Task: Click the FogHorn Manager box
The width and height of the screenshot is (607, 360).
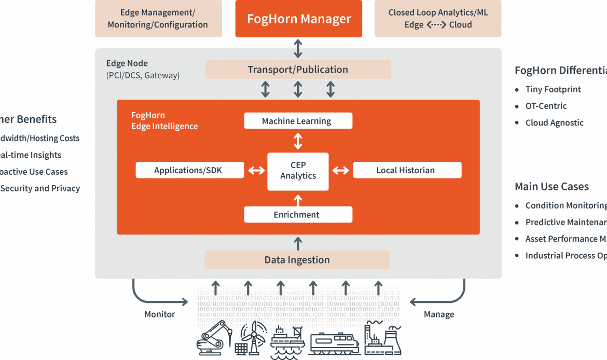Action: (298, 19)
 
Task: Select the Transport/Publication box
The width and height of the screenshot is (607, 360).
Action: (298, 70)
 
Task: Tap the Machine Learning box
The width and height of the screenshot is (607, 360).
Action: (298, 121)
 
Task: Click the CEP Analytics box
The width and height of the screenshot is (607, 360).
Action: (298, 171)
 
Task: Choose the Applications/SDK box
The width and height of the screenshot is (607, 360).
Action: (189, 170)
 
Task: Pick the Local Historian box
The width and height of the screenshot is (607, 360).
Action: (407, 170)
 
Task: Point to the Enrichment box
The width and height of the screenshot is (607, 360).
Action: (298, 214)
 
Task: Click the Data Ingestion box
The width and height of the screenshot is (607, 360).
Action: (297, 260)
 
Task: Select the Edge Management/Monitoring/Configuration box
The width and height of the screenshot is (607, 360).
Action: (158, 19)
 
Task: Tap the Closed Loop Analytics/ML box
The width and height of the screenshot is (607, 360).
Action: (438, 19)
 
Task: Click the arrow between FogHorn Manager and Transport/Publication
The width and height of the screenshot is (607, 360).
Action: (298, 48)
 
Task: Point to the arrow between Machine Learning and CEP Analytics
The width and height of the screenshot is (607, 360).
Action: (298, 141)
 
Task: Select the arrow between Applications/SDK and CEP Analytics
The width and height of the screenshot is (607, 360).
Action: (256, 171)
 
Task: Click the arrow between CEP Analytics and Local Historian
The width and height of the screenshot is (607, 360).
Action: (340, 171)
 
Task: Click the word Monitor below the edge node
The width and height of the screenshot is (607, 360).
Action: (159, 314)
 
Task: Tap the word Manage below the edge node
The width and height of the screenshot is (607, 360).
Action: (439, 314)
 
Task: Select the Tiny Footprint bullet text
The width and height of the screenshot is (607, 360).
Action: (553, 89)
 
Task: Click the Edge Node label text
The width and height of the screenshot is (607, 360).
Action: (127, 63)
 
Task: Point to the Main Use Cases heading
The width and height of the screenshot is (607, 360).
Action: (551, 186)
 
